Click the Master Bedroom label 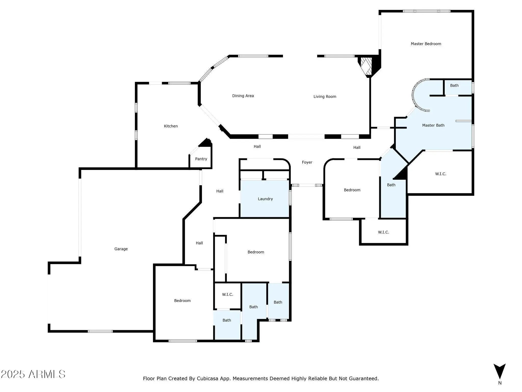(x=426, y=44)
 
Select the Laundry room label (x=265, y=199)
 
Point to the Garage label (x=121, y=249)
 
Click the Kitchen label (x=171, y=126)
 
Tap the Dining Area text (x=243, y=96)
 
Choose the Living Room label (x=325, y=97)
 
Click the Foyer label (x=307, y=162)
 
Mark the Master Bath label (x=433, y=125)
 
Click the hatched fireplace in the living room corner (x=366, y=66)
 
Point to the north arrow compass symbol (x=500, y=372)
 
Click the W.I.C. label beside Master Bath (x=441, y=174)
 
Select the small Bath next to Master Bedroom (x=458, y=87)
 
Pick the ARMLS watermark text (x=33, y=374)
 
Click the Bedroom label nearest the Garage (x=182, y=301)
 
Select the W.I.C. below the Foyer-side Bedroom (x=383, y=232)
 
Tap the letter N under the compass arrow (x=500, y=383)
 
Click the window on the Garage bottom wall (x=100, y=331)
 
